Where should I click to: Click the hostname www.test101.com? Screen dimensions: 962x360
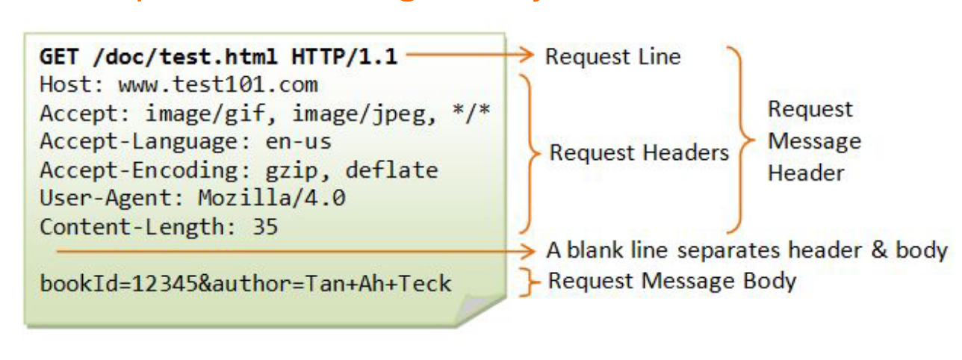217,84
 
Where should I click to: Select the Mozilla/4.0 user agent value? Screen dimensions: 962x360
272,199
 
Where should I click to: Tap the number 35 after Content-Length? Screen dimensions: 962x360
264,227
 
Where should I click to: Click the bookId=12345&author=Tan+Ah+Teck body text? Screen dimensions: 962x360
246,284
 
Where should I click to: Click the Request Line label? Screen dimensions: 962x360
612,57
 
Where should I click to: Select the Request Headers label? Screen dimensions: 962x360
639,153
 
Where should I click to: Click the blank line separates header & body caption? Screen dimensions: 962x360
746,250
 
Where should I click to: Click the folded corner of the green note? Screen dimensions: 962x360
478,308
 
